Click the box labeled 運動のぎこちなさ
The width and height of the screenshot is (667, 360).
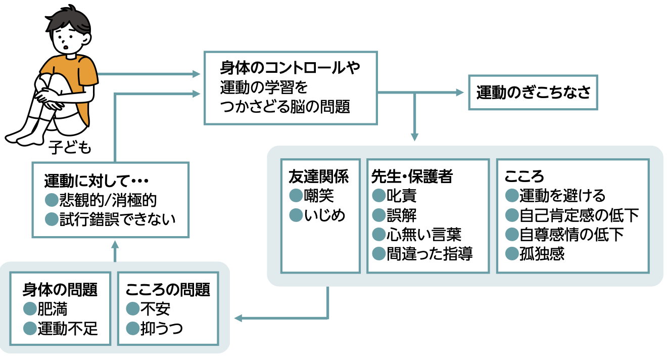[533, 93]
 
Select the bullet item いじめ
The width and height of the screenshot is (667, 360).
[325, 215]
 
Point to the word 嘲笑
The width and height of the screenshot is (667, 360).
[319, 195]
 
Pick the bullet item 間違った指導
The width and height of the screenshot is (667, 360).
[429, 253]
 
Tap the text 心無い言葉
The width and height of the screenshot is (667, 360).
[423, 234]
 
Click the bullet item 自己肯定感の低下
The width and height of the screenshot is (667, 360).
[579, 215]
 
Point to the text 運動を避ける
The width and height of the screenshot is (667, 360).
[562, 195]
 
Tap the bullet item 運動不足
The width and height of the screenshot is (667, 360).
[67, 329]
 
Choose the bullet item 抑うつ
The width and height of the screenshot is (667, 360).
[161, 329]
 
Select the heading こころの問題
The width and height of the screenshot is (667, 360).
[167, 290]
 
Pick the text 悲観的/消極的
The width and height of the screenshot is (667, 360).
[108, 200]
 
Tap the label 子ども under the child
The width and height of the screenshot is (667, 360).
[71, 147]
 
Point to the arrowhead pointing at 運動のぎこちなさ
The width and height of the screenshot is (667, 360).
[459, 93]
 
